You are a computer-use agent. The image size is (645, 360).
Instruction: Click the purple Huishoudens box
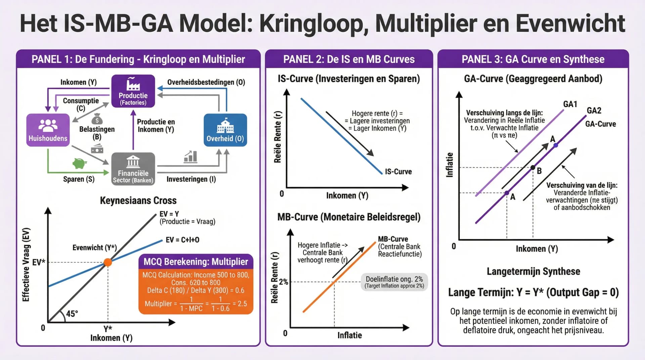click(x=48, y=130)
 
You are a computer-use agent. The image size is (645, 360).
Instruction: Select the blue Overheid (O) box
click(x=225, y=130)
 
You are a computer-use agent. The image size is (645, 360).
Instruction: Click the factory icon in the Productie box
click(x=133, y=84)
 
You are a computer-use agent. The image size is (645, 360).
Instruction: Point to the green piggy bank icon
click(x=80, y=163)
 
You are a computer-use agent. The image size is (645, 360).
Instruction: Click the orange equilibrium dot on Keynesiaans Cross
click(x=107, y=262)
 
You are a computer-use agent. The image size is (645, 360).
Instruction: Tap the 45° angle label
click(x=72, y=314)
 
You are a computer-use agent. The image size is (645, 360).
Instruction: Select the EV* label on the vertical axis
click(x=38, y=262)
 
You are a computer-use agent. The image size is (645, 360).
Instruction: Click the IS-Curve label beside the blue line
click(x=398, y=172)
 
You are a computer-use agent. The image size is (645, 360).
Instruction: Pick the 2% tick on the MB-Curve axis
click(x=283, y=282)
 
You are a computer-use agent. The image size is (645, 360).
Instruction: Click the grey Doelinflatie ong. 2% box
click(x=394, y=282)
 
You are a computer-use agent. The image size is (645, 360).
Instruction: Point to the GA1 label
click(x=570, y=104)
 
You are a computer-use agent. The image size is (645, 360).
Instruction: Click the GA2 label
click(x=594, y=110)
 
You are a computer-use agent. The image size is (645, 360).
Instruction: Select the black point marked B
click(x=533, y=168)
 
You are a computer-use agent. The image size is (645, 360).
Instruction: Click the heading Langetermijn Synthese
click(x=533, y=271)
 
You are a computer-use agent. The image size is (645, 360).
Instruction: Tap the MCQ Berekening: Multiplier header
click(x=196, y=262)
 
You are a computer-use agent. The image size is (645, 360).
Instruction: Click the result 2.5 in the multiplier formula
click(x=242, y=304)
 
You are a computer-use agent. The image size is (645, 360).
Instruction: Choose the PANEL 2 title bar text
click(x=349, y=59)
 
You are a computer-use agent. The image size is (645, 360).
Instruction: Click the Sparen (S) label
click(x=79, y=179)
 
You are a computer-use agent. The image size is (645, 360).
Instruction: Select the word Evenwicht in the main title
click(x=570, y=24)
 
